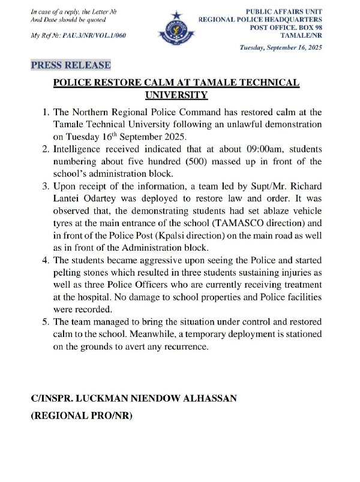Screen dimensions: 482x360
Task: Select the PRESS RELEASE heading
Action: tap(71, 65)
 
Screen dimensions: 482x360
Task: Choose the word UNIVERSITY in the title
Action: tap(177, 95)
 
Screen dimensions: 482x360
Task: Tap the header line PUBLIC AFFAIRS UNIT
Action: tap(284, 11)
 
